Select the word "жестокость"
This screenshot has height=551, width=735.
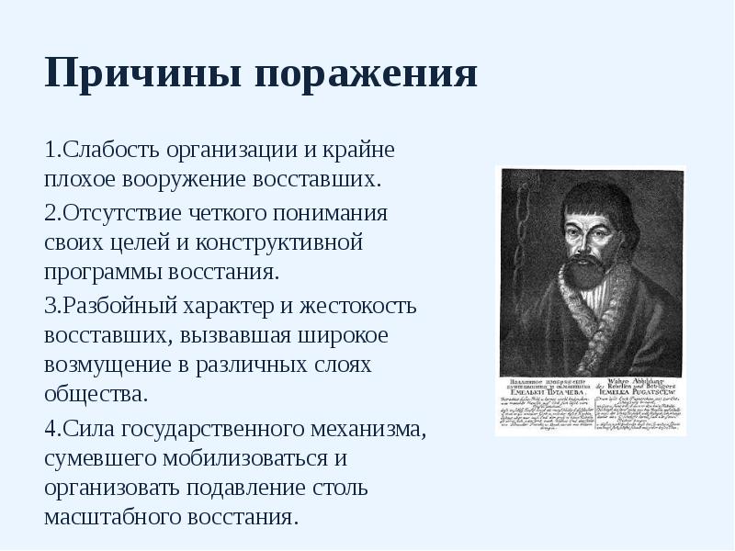360,305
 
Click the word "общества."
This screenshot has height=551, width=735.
96,395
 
